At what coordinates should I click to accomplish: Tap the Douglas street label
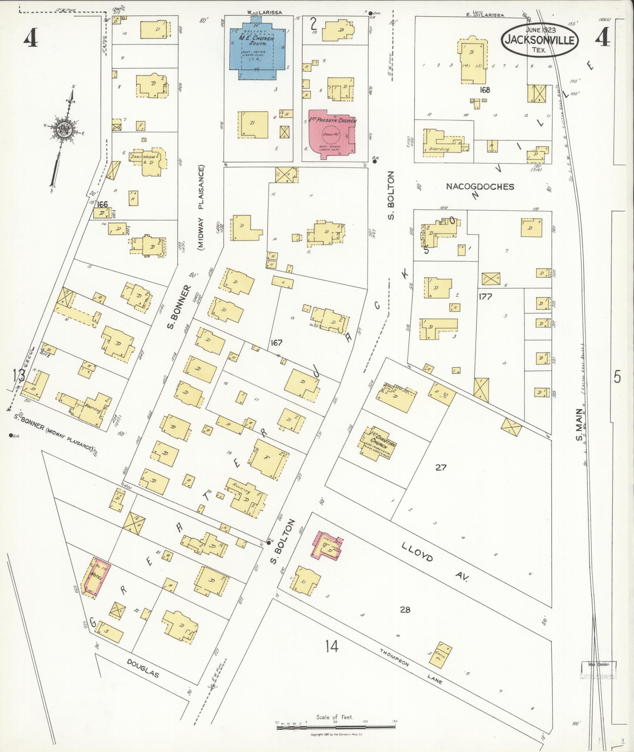(x=143, y=671)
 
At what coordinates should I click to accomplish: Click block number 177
(x=485, y=297)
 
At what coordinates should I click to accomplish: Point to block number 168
(x=485, y=90)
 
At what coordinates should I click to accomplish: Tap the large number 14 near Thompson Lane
(x=332, y=646)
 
